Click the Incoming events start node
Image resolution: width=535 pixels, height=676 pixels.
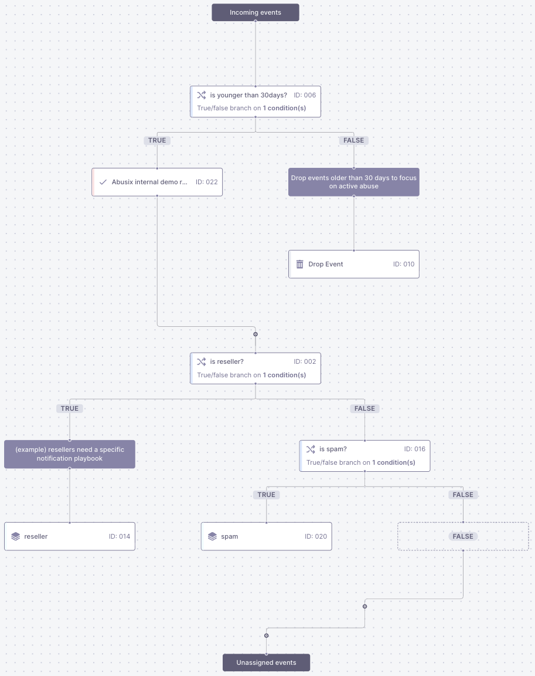(x=255, y=12)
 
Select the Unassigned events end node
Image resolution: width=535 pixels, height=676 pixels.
(x=266, y=663)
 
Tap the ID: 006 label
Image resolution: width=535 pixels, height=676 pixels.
(x=305, y=95)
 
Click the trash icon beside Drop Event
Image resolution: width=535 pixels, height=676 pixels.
(x=299, y=264)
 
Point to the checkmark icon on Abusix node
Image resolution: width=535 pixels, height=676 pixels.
(x=103, y=182)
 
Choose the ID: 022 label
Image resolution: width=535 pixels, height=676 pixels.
(x=206, y=182)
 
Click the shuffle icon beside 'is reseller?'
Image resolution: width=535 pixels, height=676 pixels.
(x=201, y=361)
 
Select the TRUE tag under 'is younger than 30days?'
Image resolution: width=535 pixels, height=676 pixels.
(x=157, y=140)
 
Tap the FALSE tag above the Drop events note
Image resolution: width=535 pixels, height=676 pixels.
(x=353, y=140)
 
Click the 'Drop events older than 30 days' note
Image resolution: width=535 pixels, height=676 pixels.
(x=353, y=182)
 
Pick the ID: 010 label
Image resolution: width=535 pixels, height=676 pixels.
(x=404, y=264)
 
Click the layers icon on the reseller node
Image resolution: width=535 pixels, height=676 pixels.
(x=15, y=536)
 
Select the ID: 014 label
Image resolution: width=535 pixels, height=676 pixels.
(x=120, y=536)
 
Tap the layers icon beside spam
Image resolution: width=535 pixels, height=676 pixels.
(x=212, y=536)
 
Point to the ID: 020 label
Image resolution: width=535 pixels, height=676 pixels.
(x=316, y=536)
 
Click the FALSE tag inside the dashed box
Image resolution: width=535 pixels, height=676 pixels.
(x=463, y=536)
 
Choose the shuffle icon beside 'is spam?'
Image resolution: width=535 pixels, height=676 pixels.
(x=311, y=449)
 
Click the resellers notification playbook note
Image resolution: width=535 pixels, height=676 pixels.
(x=70, y=454)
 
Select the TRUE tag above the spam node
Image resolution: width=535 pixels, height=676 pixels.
(x=266, y=495)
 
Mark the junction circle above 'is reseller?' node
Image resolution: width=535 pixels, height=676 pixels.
(x=255, y=334)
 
